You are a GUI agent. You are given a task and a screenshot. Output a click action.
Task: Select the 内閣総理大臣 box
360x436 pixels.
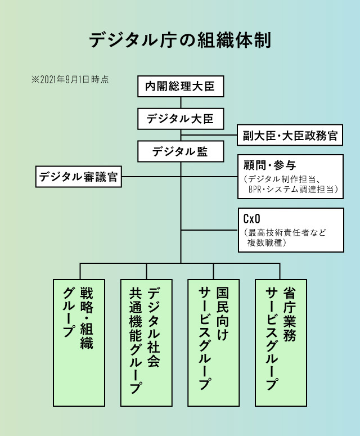(x=180, y=87)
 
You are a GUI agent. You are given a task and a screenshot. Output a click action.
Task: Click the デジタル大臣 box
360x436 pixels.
(x=180, y=119)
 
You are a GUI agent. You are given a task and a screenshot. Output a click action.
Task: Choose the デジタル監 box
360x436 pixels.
(x=180, y=151)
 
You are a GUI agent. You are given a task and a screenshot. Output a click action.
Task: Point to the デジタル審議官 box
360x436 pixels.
(x=79, y=177)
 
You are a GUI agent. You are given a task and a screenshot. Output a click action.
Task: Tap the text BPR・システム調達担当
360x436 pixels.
(x=292, y=190)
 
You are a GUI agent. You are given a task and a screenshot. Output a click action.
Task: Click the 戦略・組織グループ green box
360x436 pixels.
(x=79, y=342)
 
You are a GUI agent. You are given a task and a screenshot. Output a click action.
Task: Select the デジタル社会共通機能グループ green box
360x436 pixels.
(x=146, y=342)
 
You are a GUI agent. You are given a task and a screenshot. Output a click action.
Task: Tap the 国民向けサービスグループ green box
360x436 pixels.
(x=214, y=342)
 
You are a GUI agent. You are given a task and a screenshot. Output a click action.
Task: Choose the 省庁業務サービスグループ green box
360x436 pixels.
(x=281, y=342)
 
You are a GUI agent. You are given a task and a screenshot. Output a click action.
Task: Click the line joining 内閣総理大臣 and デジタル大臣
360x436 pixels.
(x=181, y=103)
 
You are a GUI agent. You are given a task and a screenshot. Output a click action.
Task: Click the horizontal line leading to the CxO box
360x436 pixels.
(x=209, y=230)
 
